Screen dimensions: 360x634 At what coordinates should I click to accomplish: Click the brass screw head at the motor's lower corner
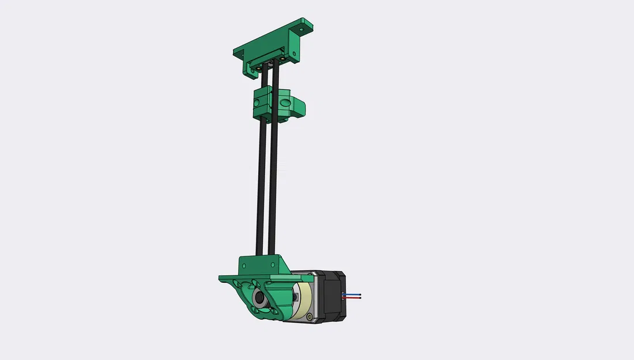[x=311, y=316]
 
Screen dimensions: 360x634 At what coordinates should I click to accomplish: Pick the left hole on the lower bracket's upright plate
[x=244, y=266]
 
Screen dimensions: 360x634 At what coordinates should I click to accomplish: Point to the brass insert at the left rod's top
[x=259, y=66]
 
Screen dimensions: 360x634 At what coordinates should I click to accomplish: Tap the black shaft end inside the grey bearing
[x=259, y=300]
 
